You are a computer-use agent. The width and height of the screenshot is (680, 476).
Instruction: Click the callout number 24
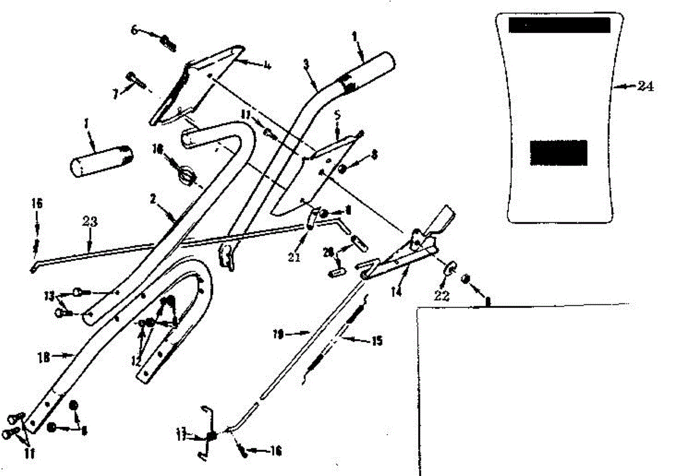pyautogui.click(x=644, y=87)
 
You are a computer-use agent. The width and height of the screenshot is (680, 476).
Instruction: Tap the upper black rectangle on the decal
pyautogui.click(x=559, y=25)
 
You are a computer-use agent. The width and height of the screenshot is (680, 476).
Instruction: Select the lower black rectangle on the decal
pyautogui.click(x=558, y=152)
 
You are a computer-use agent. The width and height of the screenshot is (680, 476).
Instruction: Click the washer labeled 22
pyautogui.click(x=449, y=268)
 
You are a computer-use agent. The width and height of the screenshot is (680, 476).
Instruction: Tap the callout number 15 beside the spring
pyautogui.click(x=376, y=341)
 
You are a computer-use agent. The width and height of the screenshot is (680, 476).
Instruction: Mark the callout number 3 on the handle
pyautogui.click(x=306, y=63)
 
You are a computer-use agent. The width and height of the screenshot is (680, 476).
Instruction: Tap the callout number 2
pyautogui.click(x=152, y=199)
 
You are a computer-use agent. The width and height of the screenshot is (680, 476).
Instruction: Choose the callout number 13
pyautogui.click(x=49, y=296)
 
